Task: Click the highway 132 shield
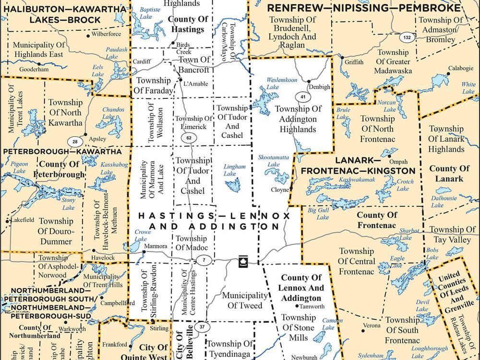click(407, 37)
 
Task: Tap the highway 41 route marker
click(302, 97)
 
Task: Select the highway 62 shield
click(189, 138)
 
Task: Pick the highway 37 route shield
click(202, 327)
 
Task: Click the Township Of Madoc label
click(192, 243)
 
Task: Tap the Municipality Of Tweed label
click(242, 300)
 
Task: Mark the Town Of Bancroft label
click(194, 65)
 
